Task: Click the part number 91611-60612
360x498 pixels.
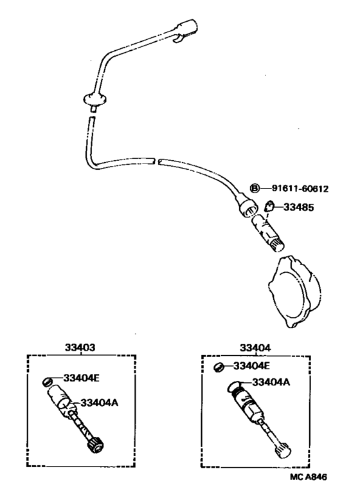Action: pyautogui.click(x=300, y=189)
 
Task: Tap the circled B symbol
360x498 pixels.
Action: pyautogui.click(x=255, y=189)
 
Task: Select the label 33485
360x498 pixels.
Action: pyautogui.click(x=298, y=208)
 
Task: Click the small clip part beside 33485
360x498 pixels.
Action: pyautogui.click(x=269, y=207)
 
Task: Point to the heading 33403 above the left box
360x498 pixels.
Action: pyautogui.click(x=80, y=347)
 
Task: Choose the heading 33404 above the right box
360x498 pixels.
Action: pyautogui.click(x=255, y=348)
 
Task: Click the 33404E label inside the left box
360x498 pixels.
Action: pyautogui.click(x=81, y=378)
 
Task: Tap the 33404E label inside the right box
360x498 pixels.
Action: pyautogui.click(x=251, y=366)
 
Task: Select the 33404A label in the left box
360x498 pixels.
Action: pyautogui.click(x=100, y=403)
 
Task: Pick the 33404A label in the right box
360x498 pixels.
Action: pyautogui.click(x=271, y=382)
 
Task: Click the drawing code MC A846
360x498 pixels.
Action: pyautogui.click(x=309, y=477)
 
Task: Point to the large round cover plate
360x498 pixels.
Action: pyautogui.click(x=294, y=291)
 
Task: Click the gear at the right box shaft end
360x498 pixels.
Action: pyautogui.click(x=283, y=450)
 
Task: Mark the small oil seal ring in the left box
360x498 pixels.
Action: pyautogui.click(x=48, y=382)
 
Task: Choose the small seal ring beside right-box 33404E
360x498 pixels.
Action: pyautogui.click(x=219, y=367)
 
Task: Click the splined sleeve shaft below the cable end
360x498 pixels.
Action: pyautogui.click(x=267, y=232)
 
